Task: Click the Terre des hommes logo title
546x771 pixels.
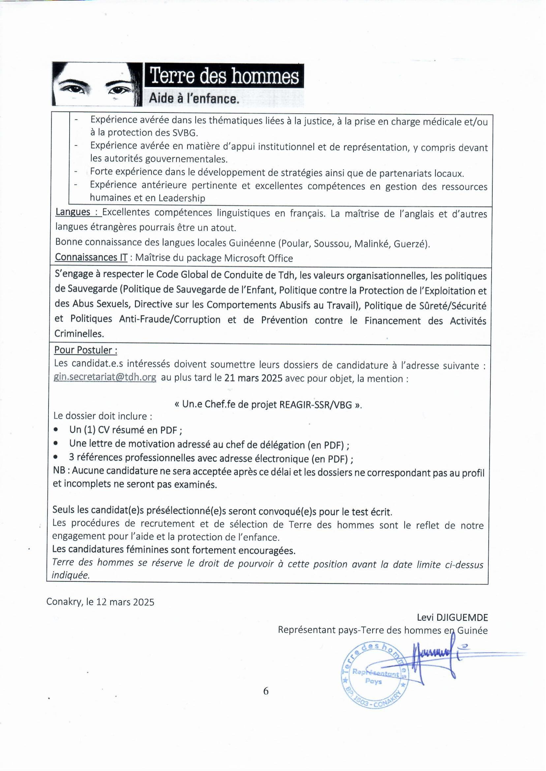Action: coord(224,76)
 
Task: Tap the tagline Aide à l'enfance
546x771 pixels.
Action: coord(194,99)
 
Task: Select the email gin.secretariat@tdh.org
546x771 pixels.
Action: coord(105,378)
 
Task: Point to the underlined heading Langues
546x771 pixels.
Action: coord(73,212)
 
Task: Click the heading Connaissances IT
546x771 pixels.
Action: coord(91,257)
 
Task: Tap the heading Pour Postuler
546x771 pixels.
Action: coord(85,350)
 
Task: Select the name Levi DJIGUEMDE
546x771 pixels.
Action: coord(452,617)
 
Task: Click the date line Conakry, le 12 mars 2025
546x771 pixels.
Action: coord(100,602)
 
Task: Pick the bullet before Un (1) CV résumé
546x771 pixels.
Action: coord(56,430)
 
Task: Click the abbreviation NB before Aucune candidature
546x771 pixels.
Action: coord(59,470)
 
